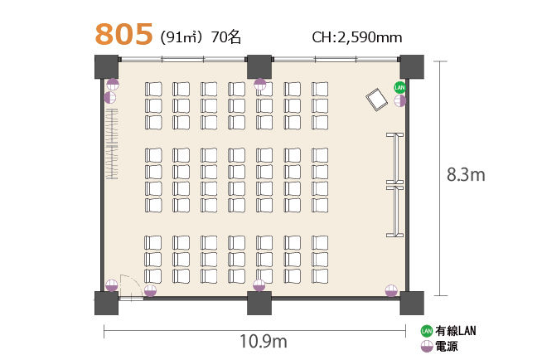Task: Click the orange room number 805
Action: pos(123,34)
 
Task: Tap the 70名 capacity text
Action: pos(225,37)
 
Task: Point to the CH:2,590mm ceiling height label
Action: pos(356,37)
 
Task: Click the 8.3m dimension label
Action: pos(466,175)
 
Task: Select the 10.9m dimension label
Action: pos(264,341)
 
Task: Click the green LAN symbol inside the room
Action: pos(399,87)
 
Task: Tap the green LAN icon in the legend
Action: pos(427,331)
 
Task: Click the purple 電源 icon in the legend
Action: pos(427,346)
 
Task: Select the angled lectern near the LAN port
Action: pos(377,100)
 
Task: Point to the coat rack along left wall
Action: pos(112,144)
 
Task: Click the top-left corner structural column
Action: pos(106,66)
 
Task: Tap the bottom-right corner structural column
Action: pos(412,303)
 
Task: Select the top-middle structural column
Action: pos(259,66)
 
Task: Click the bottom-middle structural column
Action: pos(259,303)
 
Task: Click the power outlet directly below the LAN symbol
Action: pos(400,101)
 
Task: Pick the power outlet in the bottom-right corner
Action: pos(391,290)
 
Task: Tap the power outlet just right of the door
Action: pos(150,291)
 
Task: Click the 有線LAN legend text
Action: pos(456,331)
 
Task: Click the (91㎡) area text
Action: pos(181,37)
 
